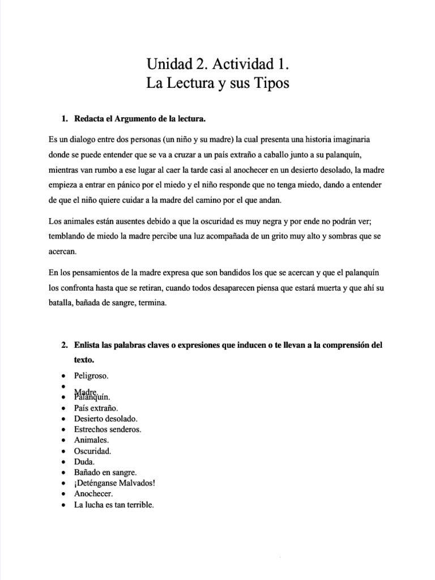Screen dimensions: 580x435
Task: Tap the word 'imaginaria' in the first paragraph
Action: click(352, 139)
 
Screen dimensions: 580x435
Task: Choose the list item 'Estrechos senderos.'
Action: click(108, 429)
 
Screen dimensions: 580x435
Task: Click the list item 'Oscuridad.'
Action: click(93, 451)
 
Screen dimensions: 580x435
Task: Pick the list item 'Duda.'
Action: click(84, 462)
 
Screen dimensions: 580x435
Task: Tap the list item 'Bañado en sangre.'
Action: click(105, 472)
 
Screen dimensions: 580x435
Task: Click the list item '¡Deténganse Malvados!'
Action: click(115, 483)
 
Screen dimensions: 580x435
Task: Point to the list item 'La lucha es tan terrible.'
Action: click(114, 504)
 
